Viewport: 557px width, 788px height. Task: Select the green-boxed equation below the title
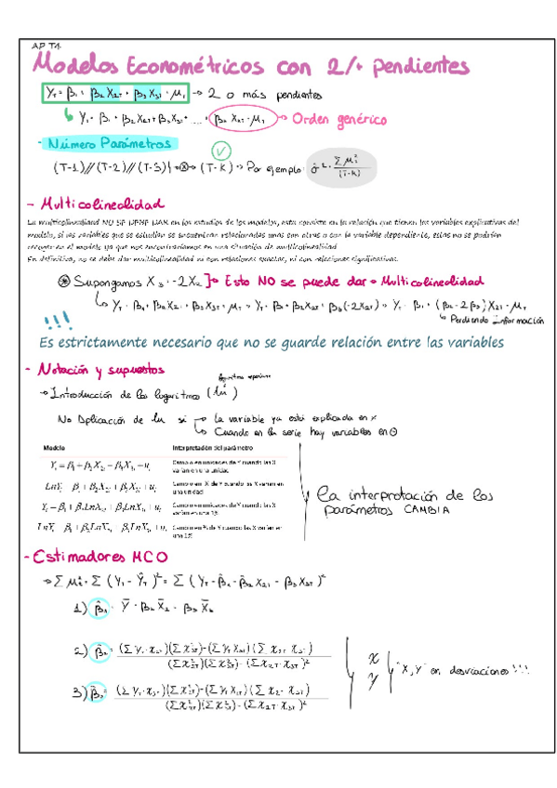[116, 95]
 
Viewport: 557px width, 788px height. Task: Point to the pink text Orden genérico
[338, 118]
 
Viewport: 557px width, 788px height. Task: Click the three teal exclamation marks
[56, 322]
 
